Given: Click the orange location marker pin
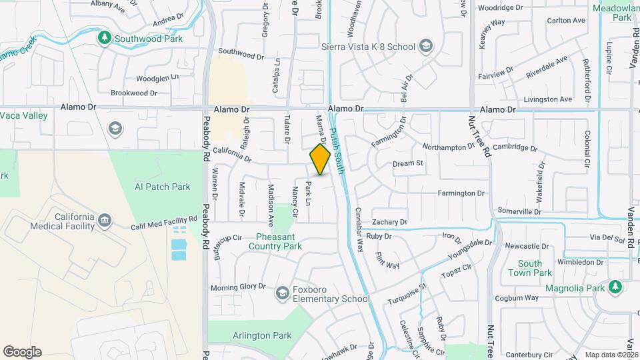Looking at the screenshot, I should point(320,159).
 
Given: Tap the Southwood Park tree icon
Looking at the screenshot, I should point(103,38).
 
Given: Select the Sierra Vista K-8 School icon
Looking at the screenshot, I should point(425,46).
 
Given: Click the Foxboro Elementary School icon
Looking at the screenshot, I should point(283,293).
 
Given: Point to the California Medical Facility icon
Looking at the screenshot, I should point(105,220).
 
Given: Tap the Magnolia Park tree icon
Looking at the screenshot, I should point(616,287).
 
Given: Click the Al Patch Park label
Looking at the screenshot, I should point(162,187).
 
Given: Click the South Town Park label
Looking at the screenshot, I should point(529,268).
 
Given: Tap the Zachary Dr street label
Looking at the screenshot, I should point(389,222).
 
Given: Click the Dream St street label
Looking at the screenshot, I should point(408,163).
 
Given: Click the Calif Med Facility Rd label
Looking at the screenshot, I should point(164,219).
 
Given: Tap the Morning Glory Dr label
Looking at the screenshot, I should point(238,287).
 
